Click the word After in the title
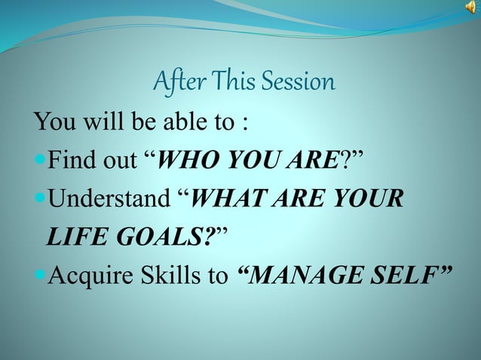click(x=177, y=81)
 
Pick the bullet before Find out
click(x=39, y=160)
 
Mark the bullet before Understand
click(x=39, y=200)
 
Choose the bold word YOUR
click(x=366, y=200)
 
